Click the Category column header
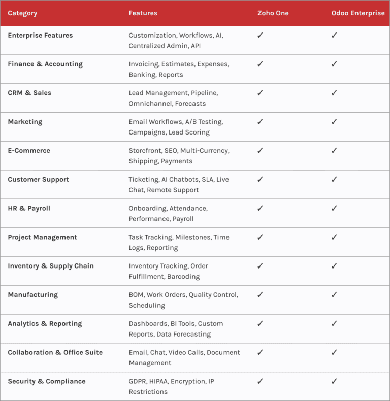(22, 13)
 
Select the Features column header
(143, 13)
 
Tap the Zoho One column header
(273, 13)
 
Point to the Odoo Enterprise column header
(358, 13)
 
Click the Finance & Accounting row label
(45, 64)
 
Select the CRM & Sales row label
(29, 93)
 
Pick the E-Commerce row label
(29, 151)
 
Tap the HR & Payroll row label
(29, 208)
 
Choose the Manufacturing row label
(33, 295)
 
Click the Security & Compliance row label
(47, 381)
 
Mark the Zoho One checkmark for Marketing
(260, 122)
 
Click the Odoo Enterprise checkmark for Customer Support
(334, 179)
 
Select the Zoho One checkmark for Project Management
(260, 237)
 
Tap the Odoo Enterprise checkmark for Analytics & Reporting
(334, 323)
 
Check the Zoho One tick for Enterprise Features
(260, 36)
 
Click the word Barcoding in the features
(183, 277)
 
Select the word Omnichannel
(150, 104)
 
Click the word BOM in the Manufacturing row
(136, 295)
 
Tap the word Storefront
(144, 151)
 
